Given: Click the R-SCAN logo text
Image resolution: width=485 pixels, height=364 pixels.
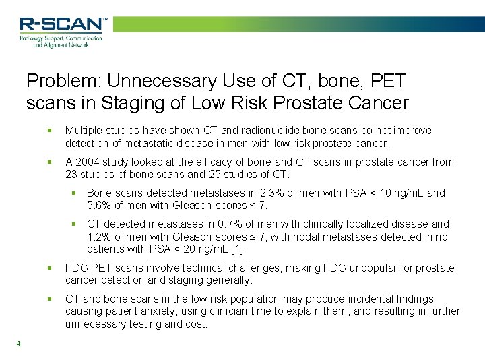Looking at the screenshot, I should (x=61, y=25).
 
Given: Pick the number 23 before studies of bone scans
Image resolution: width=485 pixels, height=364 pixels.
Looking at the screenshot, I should (x=72, y=175).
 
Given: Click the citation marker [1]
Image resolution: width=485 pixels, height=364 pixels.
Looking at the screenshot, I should (x=238, y=249).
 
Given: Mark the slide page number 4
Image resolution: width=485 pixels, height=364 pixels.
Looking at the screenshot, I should (x=18, y=344).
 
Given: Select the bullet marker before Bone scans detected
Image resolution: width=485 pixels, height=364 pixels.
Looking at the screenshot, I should (x=76, y=193).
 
